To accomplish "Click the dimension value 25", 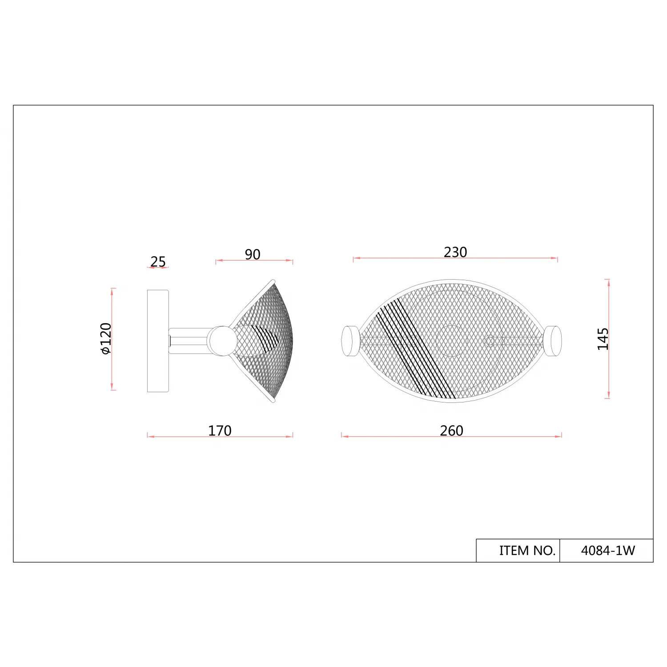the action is (x=158, y=261).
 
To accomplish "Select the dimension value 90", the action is (x=253, y=254).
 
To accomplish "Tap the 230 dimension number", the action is (x=455, y=252).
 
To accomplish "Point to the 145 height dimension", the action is (x=603, y=339).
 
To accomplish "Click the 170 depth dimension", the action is (x=220, y=430).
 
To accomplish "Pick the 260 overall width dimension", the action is (x=451, y=430).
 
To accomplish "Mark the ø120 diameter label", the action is (x=106, y=338).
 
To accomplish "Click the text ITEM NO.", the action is (x=527, y=550).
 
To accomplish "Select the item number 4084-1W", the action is (x=608, y=550).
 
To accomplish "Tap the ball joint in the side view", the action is (x=223, y=341).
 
